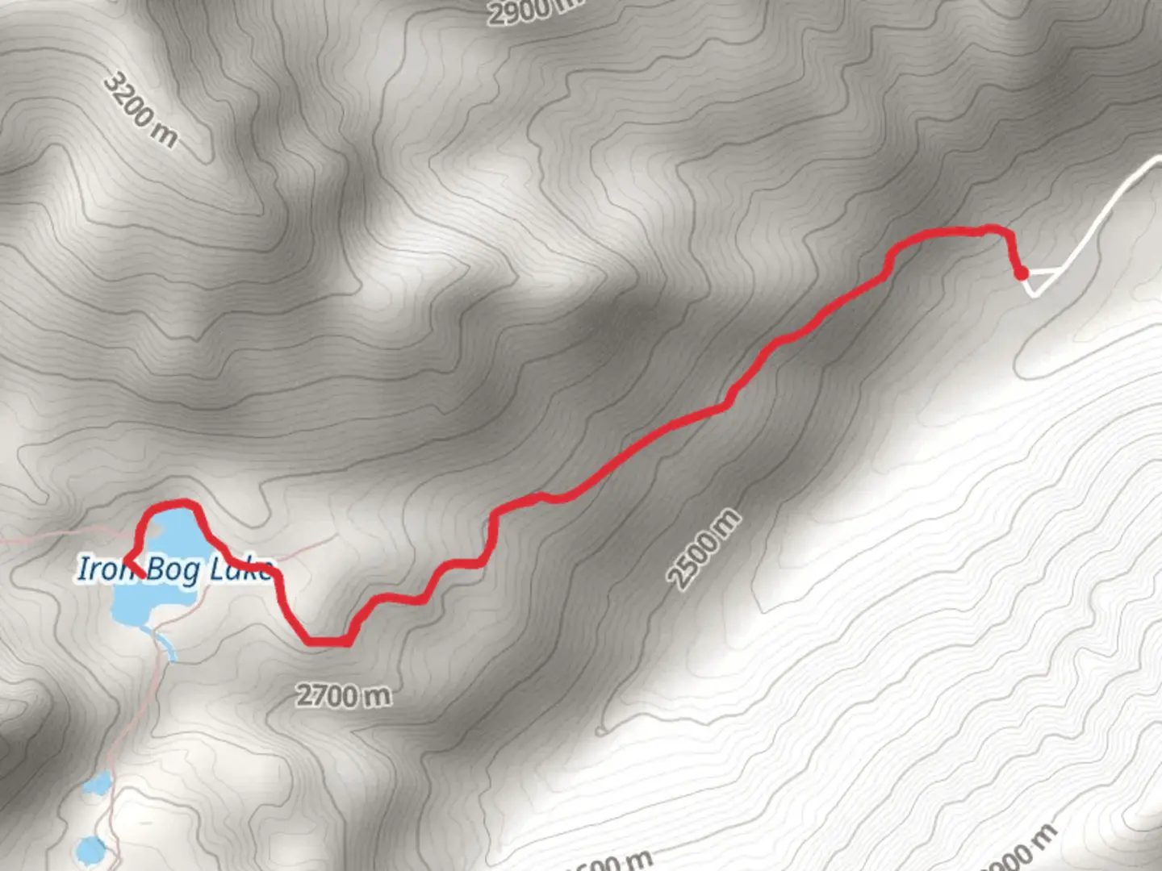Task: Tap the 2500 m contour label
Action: (703, 549)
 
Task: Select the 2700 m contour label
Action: (343, 694)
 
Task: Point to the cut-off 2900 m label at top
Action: (533, 10)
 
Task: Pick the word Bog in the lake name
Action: (173, 569)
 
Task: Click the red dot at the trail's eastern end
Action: (1022, 273)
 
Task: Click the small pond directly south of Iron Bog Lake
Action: (99, 782)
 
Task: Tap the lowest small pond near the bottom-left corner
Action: (90, 848)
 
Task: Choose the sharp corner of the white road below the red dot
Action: (1034, 294)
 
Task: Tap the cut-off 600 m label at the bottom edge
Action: (609, 861)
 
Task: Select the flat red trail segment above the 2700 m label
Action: (327, 642)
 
